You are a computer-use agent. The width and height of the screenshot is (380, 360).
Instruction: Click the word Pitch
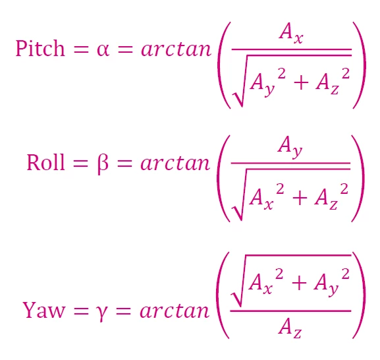(40, 48)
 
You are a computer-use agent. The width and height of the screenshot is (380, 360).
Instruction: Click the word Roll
(45, 162)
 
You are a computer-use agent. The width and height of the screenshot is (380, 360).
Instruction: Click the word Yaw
(44, 310)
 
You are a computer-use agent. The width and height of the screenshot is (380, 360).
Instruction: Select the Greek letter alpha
(103, 50)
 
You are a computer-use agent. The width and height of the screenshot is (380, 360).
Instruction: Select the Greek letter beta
(103, 164)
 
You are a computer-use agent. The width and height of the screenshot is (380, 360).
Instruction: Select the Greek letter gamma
(101, 313)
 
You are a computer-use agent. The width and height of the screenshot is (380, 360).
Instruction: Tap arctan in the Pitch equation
(176, 49)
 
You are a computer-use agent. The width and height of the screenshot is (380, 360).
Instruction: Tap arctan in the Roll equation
(175, 163)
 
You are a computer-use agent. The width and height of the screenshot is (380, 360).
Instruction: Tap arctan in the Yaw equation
(175, 311)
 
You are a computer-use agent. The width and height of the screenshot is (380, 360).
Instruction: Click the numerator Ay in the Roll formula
(290, 146)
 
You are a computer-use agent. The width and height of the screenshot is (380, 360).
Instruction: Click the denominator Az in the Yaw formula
(290, 328)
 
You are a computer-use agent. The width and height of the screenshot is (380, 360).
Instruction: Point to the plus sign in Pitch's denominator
(301, 82)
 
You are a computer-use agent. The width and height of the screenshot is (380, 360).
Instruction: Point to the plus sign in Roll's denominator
(300, 198)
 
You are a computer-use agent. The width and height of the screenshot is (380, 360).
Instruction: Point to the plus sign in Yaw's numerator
(299, 283)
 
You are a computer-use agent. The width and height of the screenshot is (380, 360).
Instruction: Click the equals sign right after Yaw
(81, 311)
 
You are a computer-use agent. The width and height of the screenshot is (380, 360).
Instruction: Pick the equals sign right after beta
(124, 164)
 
